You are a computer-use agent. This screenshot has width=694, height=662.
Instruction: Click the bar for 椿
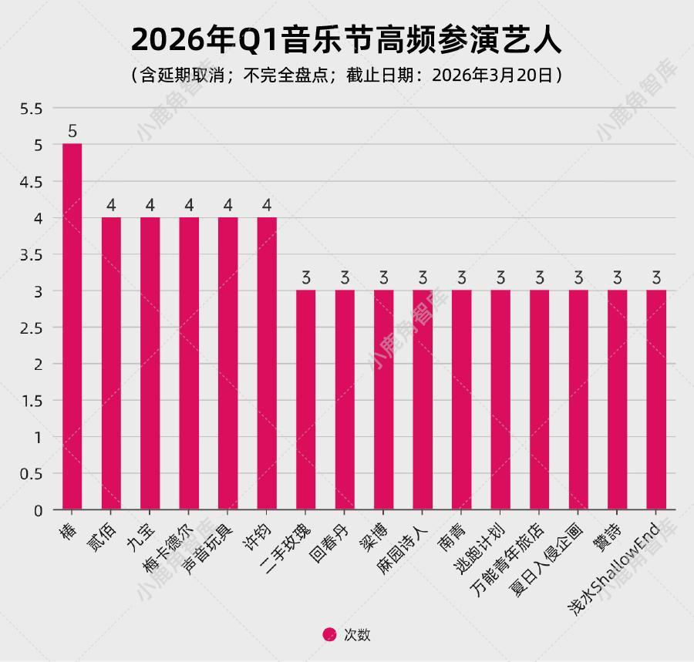72,327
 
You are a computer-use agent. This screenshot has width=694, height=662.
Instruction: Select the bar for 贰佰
111,363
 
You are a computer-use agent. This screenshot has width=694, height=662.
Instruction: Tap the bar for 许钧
267,363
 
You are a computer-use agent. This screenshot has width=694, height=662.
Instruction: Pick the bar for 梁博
383,400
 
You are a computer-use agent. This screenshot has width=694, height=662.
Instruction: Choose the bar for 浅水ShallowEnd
656,400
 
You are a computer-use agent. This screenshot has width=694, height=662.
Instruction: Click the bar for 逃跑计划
500,400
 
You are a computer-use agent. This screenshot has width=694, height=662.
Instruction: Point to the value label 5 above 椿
72,132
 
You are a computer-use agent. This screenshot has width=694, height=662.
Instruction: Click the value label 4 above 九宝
150,205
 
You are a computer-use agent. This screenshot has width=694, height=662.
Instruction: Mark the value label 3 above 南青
461,277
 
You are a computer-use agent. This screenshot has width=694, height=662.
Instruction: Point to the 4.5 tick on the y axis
32,182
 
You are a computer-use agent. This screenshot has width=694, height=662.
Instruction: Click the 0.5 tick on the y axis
32,473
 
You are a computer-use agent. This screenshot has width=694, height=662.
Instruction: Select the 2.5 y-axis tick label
32,328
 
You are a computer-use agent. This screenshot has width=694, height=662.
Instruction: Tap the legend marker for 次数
329,635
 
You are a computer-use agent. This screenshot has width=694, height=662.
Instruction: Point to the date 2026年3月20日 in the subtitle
491,76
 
